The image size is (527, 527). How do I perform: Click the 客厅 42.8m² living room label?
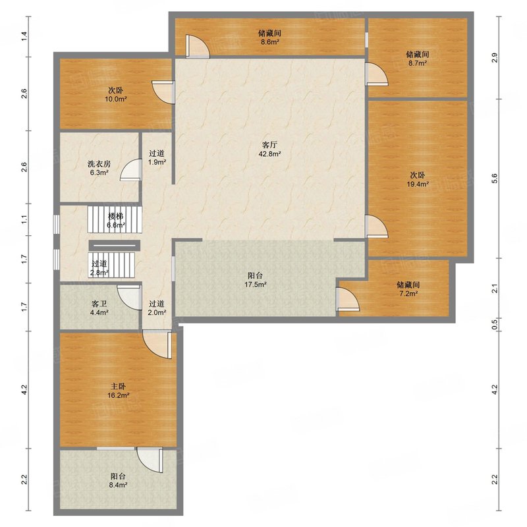pos(271,150)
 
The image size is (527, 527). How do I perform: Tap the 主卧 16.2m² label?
pos(119,391)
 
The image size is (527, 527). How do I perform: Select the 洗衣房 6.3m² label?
pos(99,169)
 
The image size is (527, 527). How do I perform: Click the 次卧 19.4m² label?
pos(418,179)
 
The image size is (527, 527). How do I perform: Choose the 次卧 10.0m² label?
pos(115,95)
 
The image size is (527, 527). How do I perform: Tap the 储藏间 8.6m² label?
pos(269,38)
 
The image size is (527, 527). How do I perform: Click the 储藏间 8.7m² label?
pos(418,59)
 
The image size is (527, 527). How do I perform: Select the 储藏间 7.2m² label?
pos(408,289)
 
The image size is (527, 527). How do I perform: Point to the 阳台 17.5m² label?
pos(256,281)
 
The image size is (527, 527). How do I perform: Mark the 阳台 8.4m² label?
pos(118,481)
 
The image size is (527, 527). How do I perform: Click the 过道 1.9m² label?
pos(157,157)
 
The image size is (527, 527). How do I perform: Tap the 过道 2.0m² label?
pos(157,308)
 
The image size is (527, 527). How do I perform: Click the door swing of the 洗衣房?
pos(130,169)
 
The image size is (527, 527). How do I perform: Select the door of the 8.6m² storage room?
pos(198,46)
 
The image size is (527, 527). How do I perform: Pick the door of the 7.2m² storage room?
pos(348,298)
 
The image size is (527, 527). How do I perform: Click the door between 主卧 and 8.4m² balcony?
pos(150,459)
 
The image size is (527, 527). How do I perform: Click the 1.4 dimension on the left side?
pos(24,36)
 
